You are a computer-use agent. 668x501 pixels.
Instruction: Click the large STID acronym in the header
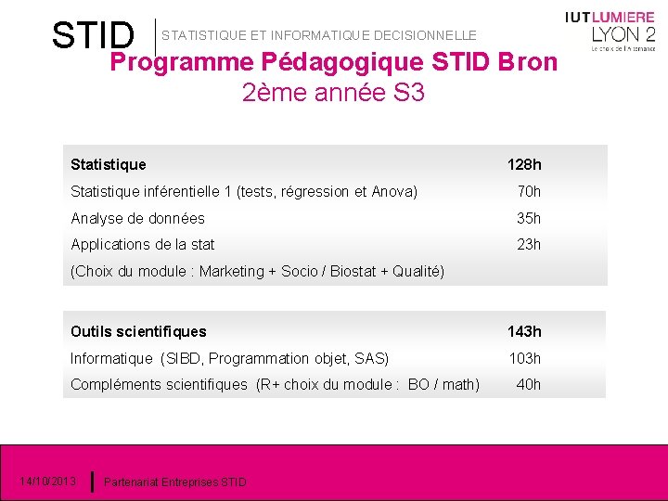pos(93,35)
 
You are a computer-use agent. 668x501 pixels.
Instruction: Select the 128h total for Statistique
pos(524,165)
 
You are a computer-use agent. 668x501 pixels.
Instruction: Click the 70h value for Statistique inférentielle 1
pos(529,192)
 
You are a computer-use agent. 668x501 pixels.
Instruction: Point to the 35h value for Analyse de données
pos(529,219)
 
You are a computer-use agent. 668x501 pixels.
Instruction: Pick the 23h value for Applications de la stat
pos(529,245)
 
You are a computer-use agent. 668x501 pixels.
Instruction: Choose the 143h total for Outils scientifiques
pos(524,332)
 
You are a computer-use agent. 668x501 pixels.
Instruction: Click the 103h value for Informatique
pos(524,359)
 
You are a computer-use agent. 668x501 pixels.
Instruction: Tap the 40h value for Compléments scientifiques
pos(529,385)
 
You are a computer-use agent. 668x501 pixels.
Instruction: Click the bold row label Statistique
pos(109,165)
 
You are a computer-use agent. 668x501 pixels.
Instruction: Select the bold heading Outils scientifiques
pos(138,332)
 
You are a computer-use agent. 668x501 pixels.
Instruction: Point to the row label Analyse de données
pos(137,219)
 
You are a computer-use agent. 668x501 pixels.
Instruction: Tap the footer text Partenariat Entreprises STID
pos(175,482)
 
